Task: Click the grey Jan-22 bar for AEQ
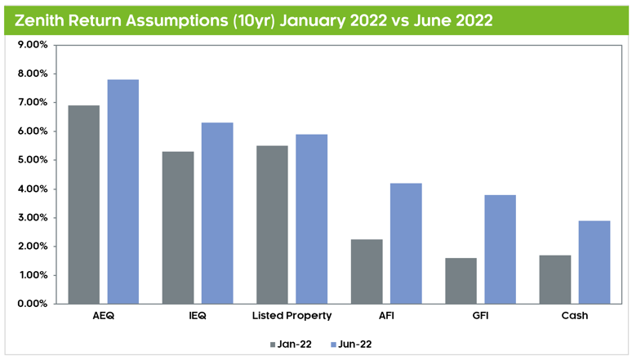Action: click(83, 205)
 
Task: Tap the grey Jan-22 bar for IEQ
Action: click(178, 228)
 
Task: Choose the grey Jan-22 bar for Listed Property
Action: click(272, 224)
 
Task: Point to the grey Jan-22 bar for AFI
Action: click(367, 272)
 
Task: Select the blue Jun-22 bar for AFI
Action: click(406, 243)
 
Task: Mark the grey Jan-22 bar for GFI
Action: click(461, 281)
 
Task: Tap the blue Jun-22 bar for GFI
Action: click(500, 249)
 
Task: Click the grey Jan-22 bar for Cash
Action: click(555, 279)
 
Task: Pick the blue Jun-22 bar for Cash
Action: click(594, 262)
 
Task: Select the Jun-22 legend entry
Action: click(352, 344)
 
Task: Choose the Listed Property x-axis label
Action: click(292, 315)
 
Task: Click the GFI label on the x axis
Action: click(480, 315)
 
